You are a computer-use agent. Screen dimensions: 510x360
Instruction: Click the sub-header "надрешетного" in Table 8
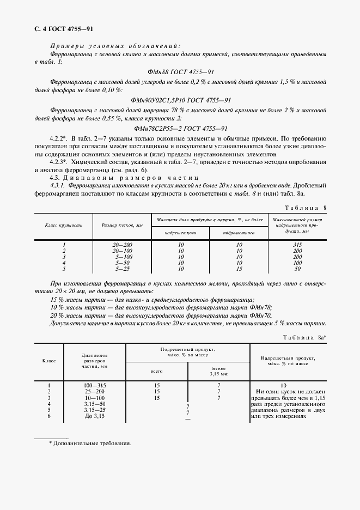click(181, 232)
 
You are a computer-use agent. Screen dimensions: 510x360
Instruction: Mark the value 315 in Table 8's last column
click(297, 245)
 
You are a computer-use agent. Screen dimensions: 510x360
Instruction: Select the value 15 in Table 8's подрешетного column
click(239, 269)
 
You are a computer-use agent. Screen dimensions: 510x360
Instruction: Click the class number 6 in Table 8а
click(49, 416)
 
